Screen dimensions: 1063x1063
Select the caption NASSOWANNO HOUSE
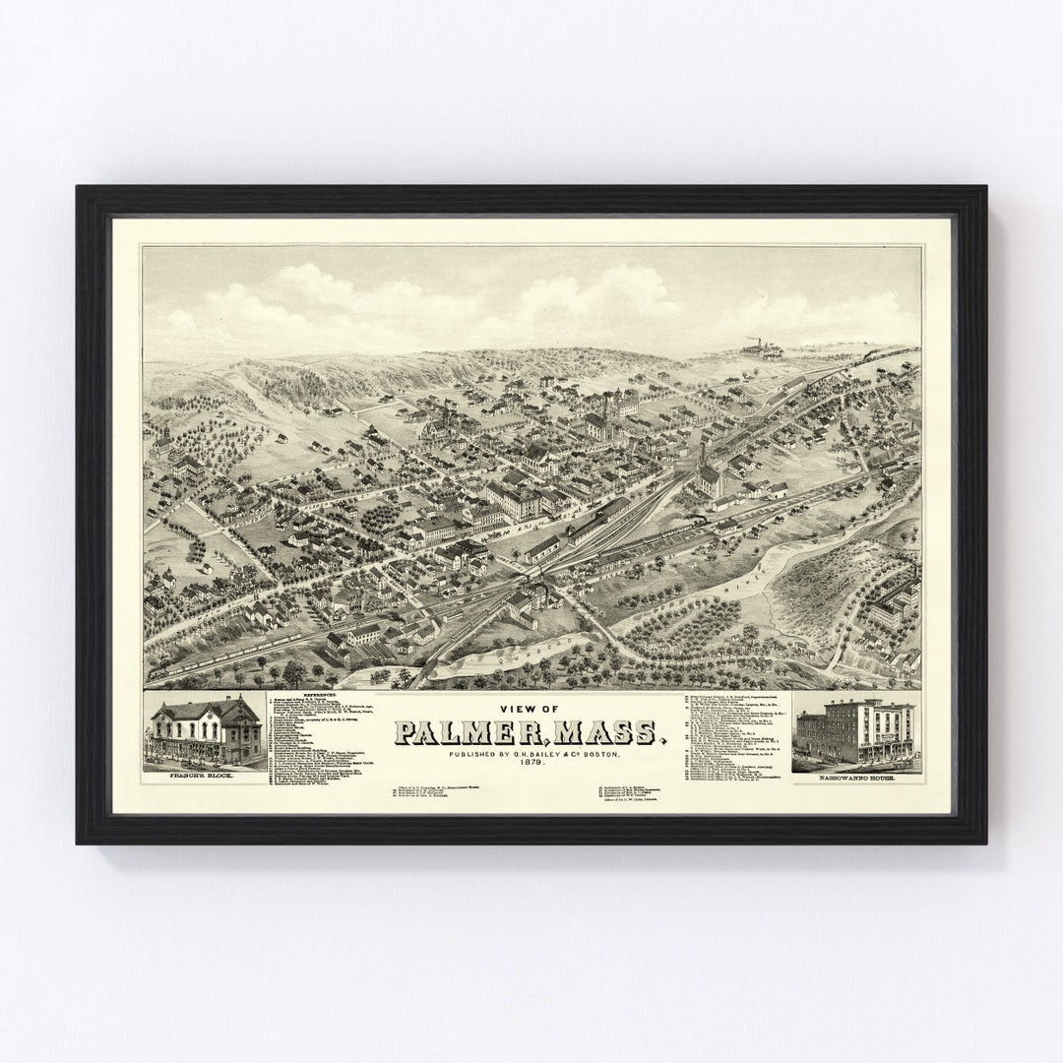855,779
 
